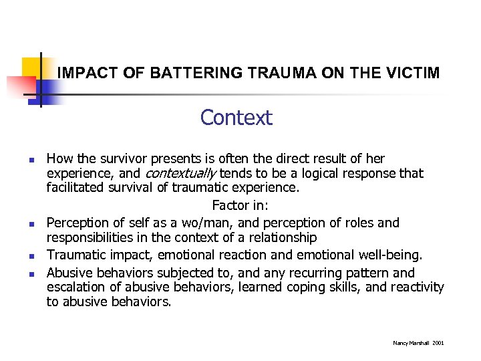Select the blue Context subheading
[236, 118]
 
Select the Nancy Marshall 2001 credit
[418, 343]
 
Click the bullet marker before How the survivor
[31, 160]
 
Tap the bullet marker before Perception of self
[31, 224]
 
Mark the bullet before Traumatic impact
[31, 256]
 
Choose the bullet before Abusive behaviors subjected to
[31, 273]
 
